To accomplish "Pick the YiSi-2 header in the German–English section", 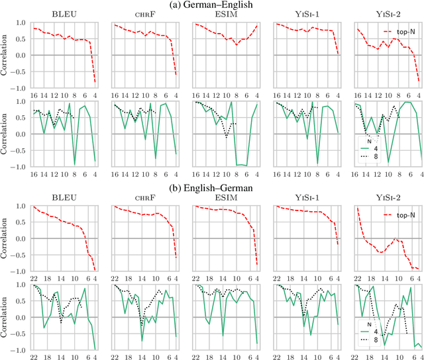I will (387, 16).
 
